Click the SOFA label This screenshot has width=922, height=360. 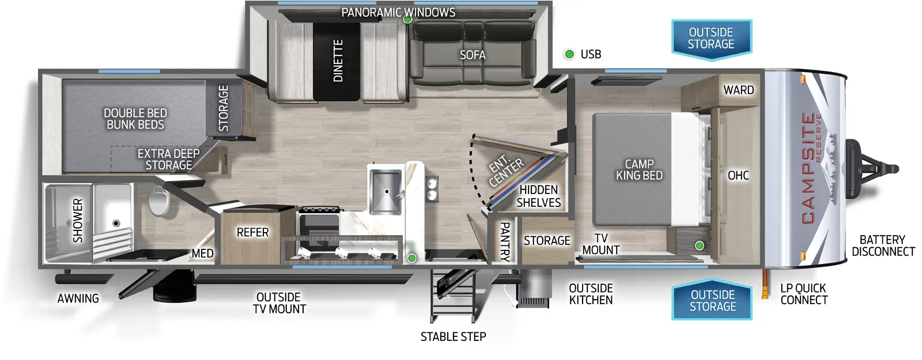point(473,55)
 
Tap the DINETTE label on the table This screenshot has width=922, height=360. point(338,60)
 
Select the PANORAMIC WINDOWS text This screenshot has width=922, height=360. point(398,12)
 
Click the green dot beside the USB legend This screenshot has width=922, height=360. point(569,54)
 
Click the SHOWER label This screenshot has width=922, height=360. point(78,221)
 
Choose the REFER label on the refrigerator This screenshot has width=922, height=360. point(252,232)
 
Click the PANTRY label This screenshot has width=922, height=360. point(504,241)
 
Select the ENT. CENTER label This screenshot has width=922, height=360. point(507,171)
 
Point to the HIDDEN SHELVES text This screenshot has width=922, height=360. point(539,196)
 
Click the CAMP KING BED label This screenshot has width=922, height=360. point(639,170)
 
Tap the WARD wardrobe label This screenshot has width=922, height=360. point(738,90)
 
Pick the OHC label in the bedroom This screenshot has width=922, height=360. point(738,175)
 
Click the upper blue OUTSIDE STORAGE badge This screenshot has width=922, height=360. point(711,39)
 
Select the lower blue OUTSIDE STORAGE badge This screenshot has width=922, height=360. point(713,301)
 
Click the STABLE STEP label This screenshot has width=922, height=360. point(453,336)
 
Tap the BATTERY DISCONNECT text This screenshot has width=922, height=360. point(883,245)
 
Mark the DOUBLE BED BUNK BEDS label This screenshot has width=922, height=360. point(135,119)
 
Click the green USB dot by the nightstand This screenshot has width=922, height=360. point(699,246)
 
